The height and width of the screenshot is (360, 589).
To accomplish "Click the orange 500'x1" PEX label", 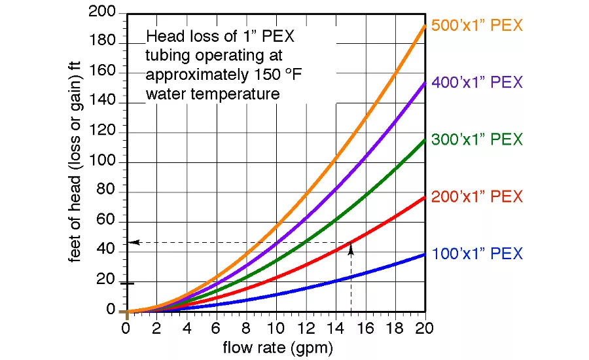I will click(477, 26).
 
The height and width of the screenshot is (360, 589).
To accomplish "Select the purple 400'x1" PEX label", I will click(477, 82).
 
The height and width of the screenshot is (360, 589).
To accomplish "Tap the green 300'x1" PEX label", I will click(477, 139).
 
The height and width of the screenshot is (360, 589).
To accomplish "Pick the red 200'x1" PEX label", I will click(477, 196).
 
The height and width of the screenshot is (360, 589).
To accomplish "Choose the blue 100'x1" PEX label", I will click(477, 253).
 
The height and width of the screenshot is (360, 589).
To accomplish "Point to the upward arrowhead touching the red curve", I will click(351, 247).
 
